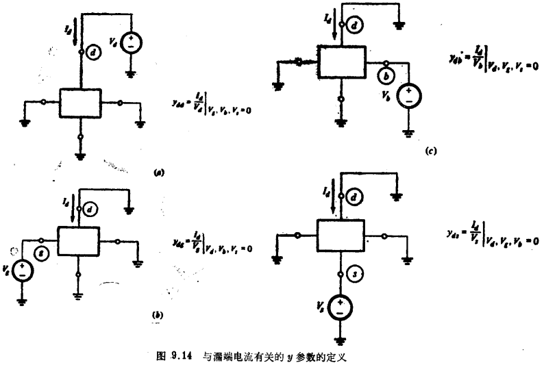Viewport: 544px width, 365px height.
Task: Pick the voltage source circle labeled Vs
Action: (339, 308)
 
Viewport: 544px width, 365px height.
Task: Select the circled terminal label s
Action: (355, 275)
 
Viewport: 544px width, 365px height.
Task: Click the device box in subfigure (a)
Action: (79, 103)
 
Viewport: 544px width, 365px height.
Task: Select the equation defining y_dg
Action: (211, 243)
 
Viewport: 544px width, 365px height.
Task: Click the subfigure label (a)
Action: (158, 175)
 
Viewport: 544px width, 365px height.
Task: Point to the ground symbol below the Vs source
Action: (339, 339)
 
